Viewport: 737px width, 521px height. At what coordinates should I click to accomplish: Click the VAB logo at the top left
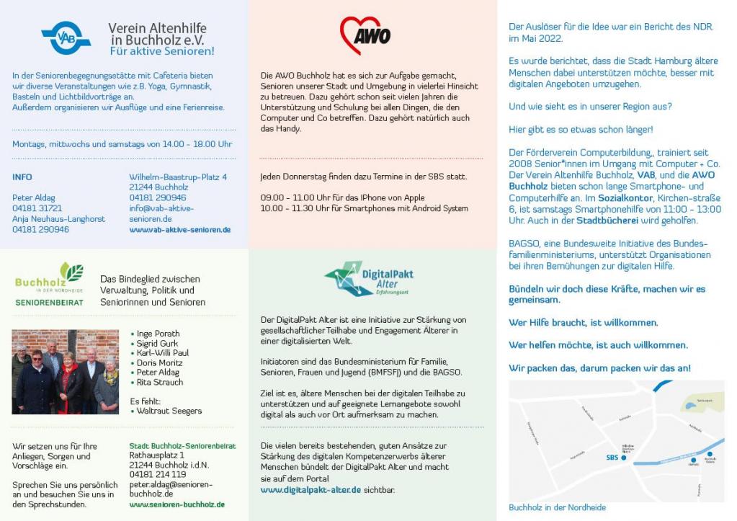[66, 37]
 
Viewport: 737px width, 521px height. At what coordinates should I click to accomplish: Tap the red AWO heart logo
[365, 35]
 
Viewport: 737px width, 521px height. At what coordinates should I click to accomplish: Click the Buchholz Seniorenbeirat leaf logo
[50, 282]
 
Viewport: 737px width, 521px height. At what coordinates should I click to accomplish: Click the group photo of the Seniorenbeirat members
[65, 372]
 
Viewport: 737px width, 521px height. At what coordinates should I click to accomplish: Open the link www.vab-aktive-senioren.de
[179, 230]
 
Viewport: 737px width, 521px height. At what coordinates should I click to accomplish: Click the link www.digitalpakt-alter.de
[311, 490]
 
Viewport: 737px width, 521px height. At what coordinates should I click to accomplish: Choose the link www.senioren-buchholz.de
[177, 504]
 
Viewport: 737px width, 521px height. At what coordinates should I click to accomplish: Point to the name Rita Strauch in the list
[160, 383]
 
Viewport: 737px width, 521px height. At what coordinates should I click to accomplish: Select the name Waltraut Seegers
[169, 411]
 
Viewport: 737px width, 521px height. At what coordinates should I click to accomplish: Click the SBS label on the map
[612, 458]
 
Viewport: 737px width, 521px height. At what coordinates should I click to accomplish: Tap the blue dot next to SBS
[624, 458]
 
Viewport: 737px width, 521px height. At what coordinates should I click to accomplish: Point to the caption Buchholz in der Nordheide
[557, 507]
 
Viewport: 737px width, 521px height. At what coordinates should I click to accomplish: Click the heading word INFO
[22, 177]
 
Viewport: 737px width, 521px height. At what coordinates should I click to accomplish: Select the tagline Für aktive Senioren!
[162, 51]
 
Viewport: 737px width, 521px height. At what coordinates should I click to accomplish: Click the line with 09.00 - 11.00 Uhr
[342, 197]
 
